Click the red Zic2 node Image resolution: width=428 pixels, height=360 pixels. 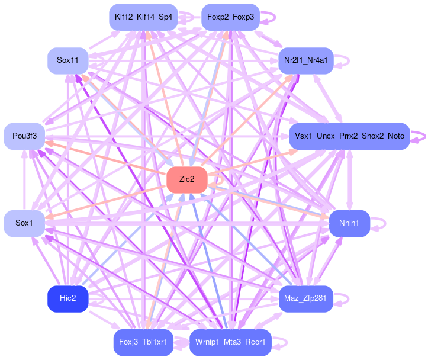coord(186,179)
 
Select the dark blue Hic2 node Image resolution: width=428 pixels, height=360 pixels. coord(68,298)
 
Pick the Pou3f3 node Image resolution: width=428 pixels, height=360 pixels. coord(24,136)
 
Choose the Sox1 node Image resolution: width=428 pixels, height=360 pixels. coord(24,223)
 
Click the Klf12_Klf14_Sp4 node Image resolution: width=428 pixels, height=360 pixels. coord(143,17)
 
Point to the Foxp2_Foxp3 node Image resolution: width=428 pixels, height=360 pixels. coord(230,17)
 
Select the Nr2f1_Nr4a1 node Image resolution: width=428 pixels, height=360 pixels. coord(306,60)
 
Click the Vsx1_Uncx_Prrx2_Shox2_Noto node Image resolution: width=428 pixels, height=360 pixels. coord(349,136)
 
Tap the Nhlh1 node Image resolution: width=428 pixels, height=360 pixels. coord(349,223)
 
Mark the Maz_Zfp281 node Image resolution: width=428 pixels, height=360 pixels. coord(306,298)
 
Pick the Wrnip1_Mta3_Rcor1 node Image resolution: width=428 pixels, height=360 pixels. coord(230,342)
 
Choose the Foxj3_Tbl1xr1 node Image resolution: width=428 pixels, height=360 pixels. coord(143,342)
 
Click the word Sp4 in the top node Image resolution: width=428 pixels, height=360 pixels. coord(166,17)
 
